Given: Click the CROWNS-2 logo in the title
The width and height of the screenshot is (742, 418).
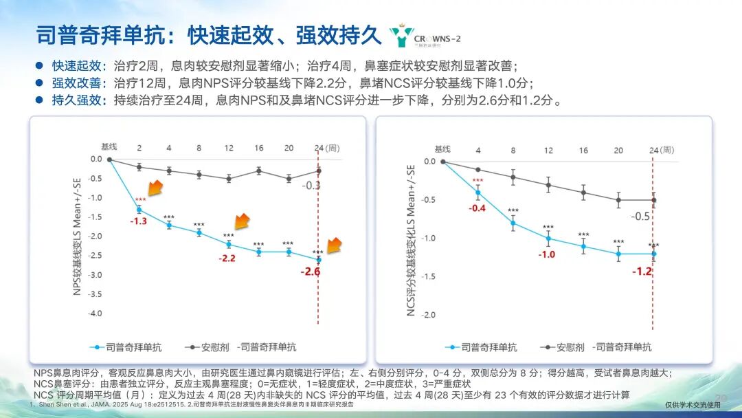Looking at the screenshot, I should coord(422,36).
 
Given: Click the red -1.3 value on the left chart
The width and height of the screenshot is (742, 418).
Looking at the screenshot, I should coord(139,221).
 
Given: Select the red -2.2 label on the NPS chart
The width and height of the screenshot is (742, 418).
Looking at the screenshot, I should coord(228,258).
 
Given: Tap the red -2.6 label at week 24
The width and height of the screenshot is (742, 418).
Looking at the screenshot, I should coord(310,272).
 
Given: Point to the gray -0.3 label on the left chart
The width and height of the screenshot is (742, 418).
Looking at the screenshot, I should coord(312,186).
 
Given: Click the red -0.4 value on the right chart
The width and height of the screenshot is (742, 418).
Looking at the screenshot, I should coord(477,208).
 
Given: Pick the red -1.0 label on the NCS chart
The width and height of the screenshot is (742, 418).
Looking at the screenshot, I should coord(547,254).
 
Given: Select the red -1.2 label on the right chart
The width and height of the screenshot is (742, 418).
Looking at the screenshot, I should coord(642,272).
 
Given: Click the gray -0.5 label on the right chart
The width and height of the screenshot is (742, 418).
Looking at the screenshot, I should coord(640,216).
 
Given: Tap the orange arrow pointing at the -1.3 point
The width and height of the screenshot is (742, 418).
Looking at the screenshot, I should coord(154,188).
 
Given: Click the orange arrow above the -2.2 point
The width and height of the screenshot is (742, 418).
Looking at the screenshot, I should coord(242,221).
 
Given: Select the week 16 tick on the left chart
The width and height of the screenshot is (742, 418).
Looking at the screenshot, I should coord(258,148).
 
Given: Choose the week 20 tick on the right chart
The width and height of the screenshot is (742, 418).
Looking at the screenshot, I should coord(618,150).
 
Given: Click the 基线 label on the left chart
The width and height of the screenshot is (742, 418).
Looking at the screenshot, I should coord(109,147).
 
